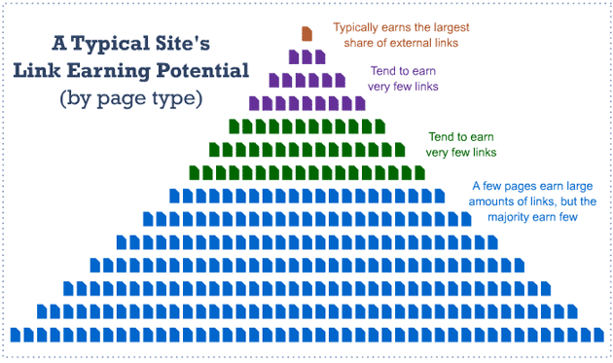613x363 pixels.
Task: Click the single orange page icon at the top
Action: point(306,34)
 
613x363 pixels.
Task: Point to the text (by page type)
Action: point(130,98)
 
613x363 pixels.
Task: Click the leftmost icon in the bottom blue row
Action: point(16,335)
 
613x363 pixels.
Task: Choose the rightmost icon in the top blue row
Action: point(439,195)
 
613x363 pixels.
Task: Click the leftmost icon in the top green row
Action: point(234,126)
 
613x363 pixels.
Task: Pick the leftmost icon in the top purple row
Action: point(294,56)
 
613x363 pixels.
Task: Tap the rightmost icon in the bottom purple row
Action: point(359,103)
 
